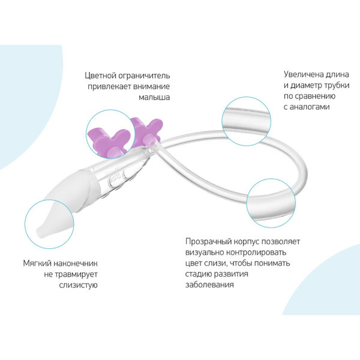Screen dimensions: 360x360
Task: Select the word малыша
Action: tap(154, 97)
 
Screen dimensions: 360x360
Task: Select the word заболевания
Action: tap(210, 284)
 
